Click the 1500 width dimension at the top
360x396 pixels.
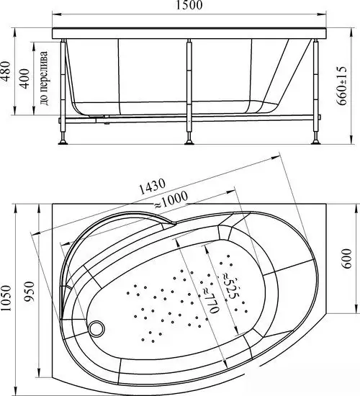pos(189,6)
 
